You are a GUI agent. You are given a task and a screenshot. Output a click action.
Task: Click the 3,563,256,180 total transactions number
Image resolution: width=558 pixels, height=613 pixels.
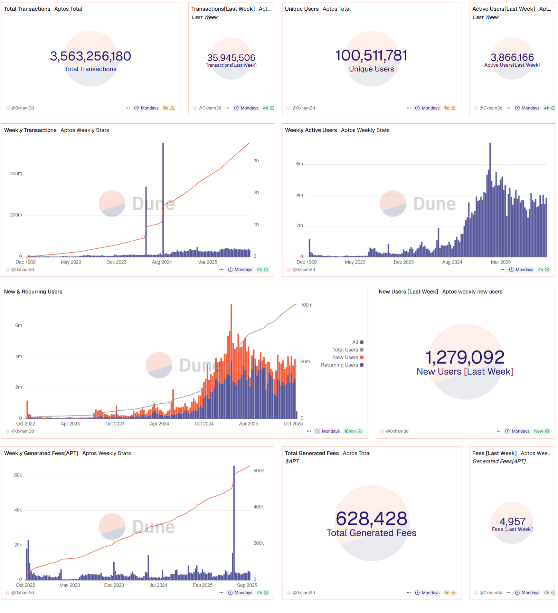tap(91, 56)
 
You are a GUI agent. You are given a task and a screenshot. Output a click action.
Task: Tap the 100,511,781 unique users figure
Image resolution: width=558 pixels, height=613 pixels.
tap(371, 56)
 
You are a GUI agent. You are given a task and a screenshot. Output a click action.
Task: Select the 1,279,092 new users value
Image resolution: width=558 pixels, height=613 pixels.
tap(465, 357)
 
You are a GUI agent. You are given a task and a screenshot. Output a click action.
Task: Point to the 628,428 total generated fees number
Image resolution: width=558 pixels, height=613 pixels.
tap(371, 519)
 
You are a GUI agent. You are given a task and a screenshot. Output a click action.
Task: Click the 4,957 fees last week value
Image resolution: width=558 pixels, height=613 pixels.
tap(512, 521)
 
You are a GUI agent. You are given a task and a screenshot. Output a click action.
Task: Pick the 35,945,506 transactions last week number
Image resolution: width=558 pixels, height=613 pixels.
tap(231, 58)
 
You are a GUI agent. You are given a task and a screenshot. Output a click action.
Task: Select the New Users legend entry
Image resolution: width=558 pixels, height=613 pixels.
tap(346, 357)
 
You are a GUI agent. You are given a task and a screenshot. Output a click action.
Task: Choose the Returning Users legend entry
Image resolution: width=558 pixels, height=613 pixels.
tap(340, 365)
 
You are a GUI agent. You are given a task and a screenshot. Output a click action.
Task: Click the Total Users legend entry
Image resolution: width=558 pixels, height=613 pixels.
tap(345, 350)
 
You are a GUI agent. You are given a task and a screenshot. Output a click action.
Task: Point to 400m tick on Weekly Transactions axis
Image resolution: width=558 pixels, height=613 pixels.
tap(16, 174)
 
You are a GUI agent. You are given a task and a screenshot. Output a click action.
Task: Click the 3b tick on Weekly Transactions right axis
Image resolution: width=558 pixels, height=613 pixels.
tap(256, 161)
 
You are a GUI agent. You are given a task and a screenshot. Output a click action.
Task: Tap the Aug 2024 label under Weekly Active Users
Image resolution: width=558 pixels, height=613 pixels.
tap(452, 262)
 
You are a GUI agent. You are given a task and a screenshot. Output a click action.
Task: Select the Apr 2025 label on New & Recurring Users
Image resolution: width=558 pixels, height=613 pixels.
tap(248, 424)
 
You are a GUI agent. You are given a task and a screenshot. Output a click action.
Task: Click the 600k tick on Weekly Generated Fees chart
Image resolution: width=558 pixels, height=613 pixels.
tap(258, 471)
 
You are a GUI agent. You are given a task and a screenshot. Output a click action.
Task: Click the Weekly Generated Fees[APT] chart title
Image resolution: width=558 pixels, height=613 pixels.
tap(41, 453)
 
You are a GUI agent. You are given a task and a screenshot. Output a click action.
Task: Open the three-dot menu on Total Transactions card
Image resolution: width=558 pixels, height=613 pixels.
tap(127, 108)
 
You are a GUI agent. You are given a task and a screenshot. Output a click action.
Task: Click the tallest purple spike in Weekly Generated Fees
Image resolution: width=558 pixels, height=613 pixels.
tap(234, 518)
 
